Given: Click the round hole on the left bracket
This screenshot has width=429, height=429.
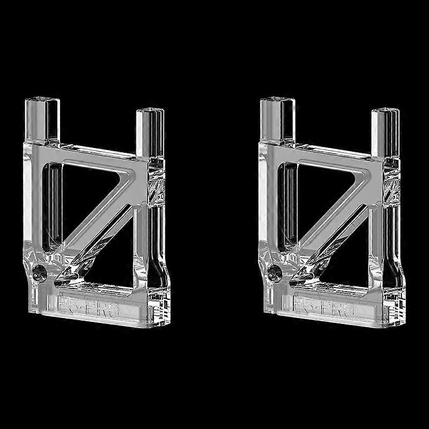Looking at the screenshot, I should point(39,272).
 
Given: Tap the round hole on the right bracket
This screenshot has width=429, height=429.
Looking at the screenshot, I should point(275,272).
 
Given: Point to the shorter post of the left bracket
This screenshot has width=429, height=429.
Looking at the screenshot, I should point(150,131).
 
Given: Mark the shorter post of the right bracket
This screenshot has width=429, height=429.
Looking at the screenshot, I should point(385,131).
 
